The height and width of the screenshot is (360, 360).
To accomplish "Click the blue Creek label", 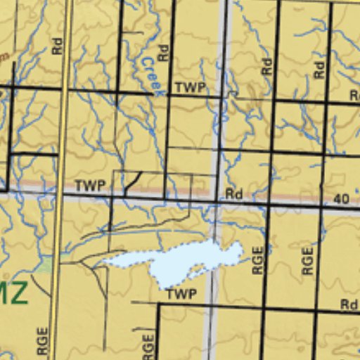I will pos(152,75).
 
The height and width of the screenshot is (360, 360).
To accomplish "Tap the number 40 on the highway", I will pos(341,199).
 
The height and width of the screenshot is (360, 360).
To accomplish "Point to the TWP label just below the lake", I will pos(181,294).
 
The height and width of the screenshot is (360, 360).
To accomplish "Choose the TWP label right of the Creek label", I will pos(190,87).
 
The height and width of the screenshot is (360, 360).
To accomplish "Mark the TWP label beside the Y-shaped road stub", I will pos(90,186).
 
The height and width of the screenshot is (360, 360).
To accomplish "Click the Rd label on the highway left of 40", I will pos(234,193).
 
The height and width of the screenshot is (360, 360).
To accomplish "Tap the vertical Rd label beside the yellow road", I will pos(57,46).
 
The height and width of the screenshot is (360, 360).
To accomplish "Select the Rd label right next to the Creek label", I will pos(163,52).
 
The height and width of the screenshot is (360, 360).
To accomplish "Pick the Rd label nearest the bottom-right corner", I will pos(349,304).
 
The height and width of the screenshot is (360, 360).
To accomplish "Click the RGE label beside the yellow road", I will pos(43,343).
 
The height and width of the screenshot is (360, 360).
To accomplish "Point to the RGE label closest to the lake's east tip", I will pos(257,261).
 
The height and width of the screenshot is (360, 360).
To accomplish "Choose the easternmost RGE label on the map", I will pos(307,261).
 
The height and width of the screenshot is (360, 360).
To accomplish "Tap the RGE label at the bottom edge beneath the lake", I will pos(148,347).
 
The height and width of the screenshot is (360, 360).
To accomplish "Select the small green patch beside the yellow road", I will pos(46,266).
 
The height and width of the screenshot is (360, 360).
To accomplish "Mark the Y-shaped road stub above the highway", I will pos(132,182).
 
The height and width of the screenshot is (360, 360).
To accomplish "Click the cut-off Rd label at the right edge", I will pos(355,96).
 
